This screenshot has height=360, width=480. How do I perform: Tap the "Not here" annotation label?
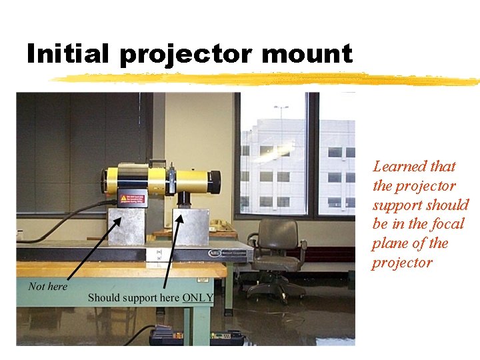pos(47,286)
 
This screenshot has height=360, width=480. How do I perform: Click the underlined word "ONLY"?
pos(198,297)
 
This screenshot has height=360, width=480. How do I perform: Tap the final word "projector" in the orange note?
pos(402,263)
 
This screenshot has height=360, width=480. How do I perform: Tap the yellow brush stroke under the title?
pos(267,80)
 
